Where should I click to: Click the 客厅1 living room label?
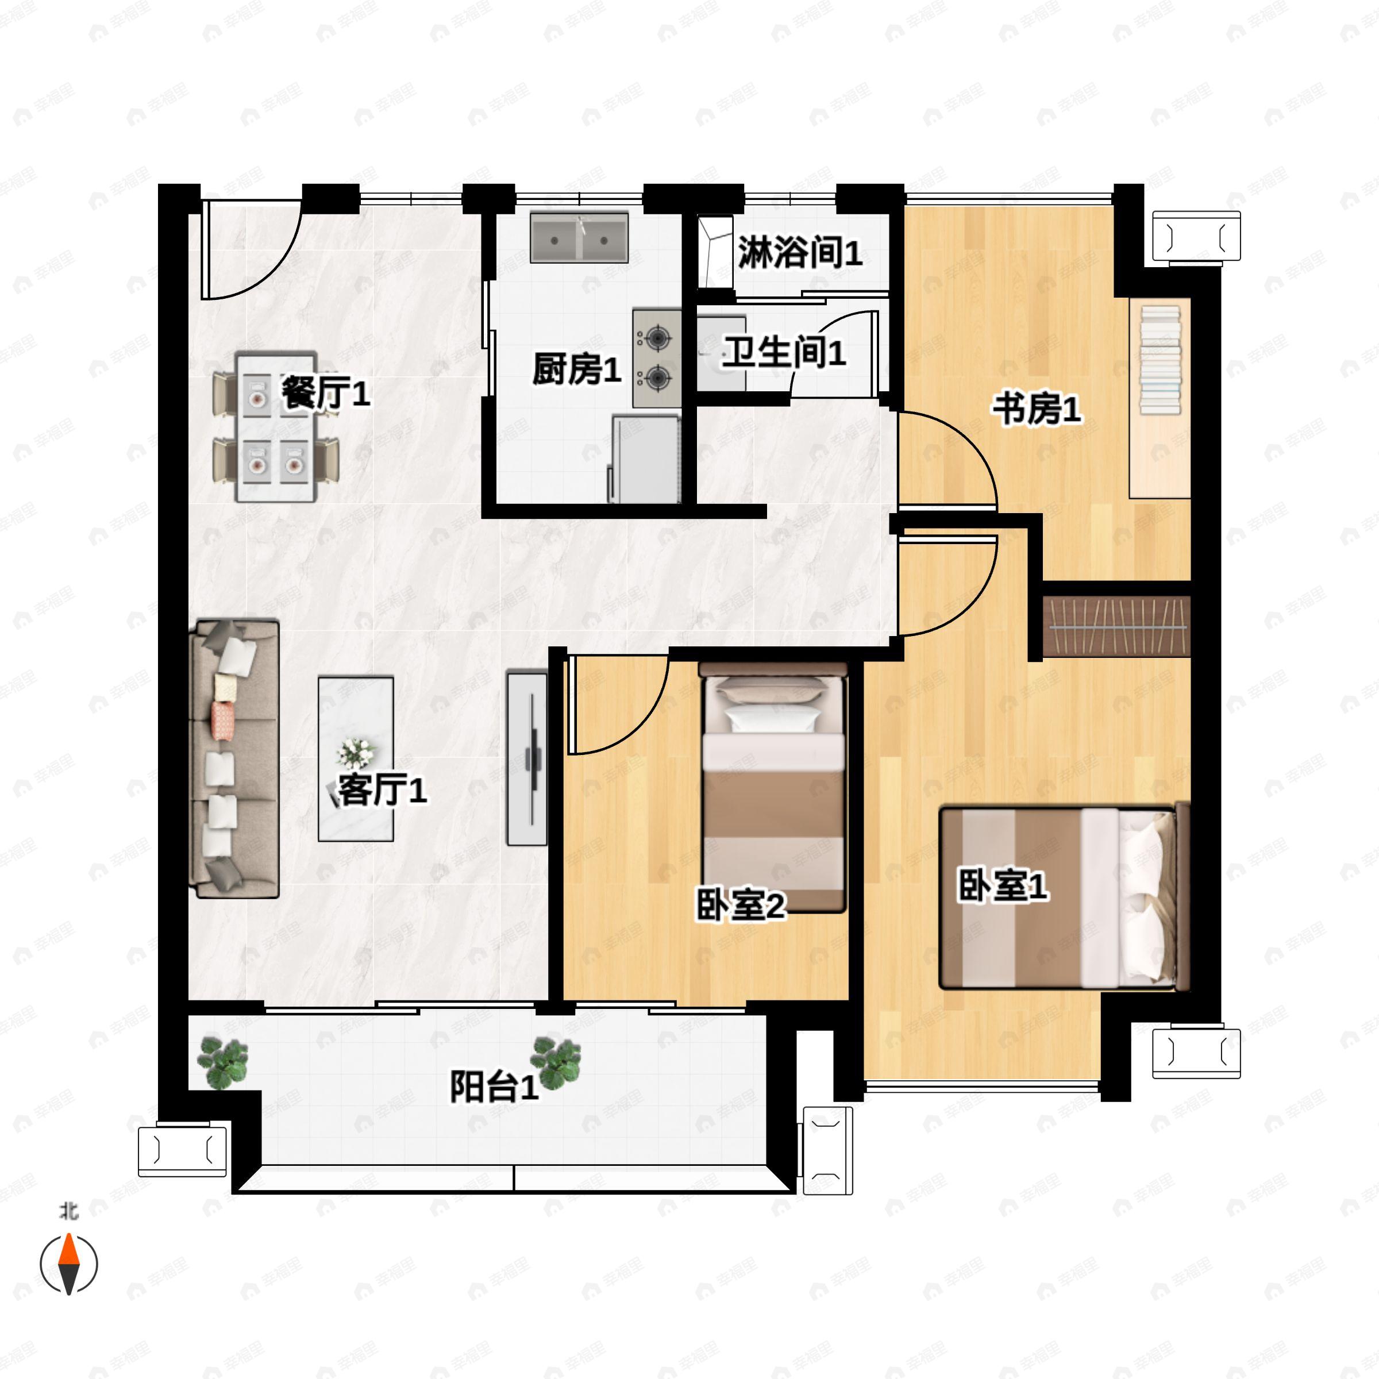(x=383, y=790)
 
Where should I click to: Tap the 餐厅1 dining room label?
(x=325, y=392)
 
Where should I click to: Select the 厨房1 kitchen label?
(x=577, y=369)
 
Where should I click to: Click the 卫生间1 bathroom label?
(x=784, y=353)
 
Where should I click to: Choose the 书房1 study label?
(x=1037, y=410)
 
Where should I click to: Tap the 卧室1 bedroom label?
(x=1002, y=886)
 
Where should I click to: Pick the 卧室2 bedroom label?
(x=741, y=905)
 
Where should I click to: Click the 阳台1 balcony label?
(x=494, y=1087)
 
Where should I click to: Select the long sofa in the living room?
(x=234, y=758)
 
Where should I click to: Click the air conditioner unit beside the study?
(x=1197, y=236)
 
